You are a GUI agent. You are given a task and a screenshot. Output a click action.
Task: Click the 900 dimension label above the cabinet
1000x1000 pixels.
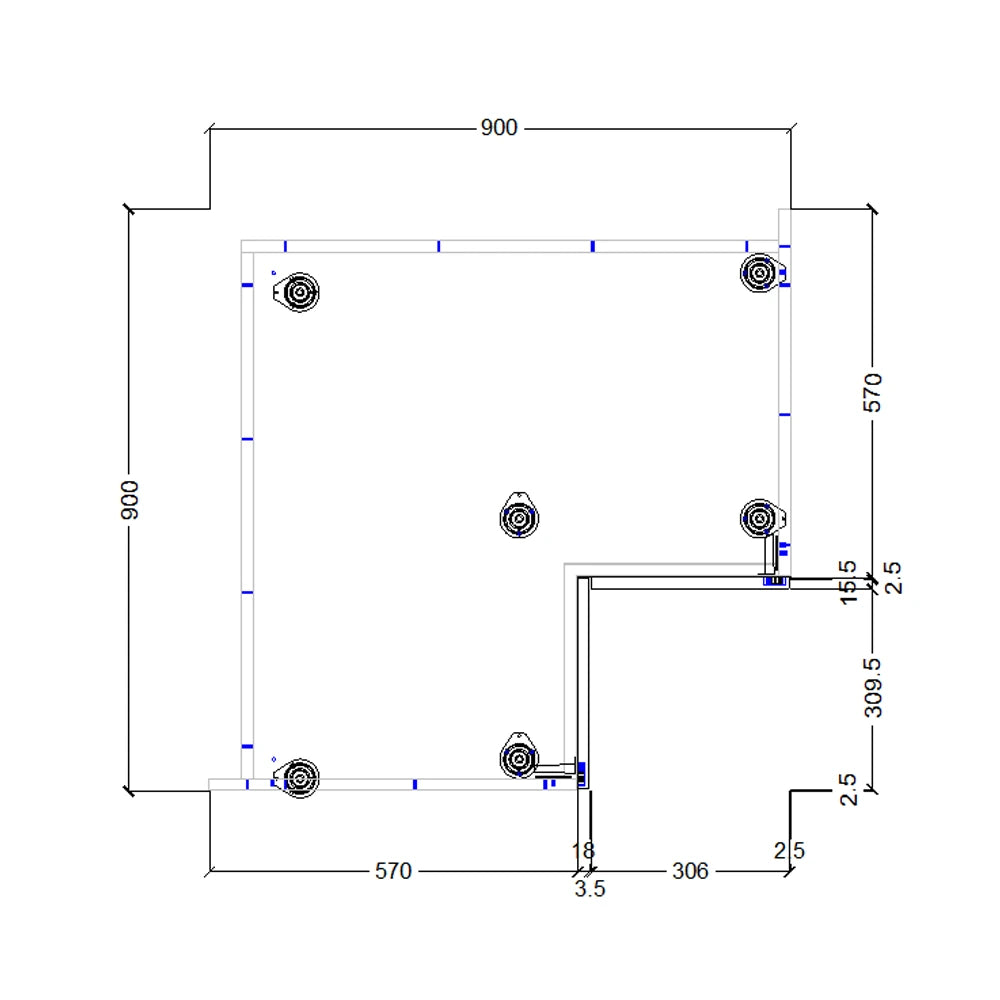pos(499,128)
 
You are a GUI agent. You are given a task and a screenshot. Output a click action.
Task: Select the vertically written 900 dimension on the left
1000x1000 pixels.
pos(129,499)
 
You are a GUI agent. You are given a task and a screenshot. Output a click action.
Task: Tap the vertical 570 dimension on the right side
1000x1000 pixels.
pos(873,392)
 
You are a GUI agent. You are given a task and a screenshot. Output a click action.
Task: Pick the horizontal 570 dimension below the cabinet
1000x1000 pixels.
pos(393,871)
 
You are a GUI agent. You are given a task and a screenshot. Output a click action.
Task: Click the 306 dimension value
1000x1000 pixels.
pos(689,871)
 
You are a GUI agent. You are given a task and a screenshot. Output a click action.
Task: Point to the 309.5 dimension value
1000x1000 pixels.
pos(873,687)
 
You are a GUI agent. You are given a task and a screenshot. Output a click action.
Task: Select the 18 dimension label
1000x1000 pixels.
pos(582,851)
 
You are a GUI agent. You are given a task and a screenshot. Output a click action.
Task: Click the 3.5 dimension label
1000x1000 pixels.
pos(590,889)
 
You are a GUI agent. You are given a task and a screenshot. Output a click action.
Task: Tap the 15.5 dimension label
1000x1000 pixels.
pos(849,582)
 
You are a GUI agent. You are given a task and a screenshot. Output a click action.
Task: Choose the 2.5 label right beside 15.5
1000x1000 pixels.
pos(892,578)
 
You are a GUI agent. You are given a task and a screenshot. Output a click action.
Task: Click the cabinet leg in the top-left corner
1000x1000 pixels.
pos(298,292)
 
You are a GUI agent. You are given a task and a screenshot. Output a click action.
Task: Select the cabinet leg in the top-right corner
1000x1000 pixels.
pos(759,272)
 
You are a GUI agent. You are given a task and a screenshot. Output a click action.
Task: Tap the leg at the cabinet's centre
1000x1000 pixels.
pos(518,517)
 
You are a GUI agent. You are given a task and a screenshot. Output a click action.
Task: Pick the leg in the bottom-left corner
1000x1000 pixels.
pos(298,777)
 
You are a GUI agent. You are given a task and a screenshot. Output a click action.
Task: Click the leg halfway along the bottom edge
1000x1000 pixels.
pos(518,758)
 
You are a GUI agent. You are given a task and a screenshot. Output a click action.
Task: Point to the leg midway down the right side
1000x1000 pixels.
pos(759,518)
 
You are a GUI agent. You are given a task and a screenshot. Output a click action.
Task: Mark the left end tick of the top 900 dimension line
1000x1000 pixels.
pos(209,129)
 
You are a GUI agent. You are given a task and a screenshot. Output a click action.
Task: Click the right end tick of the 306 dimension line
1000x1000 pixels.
pos(790,871)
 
